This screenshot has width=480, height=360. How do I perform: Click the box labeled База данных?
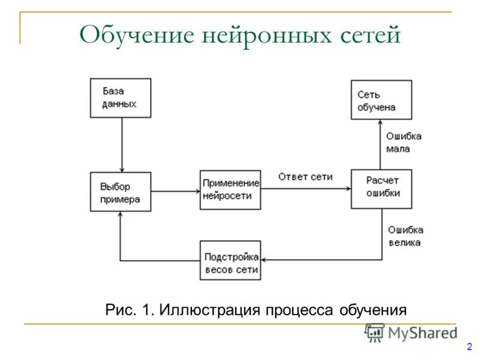click(x=120, y=98)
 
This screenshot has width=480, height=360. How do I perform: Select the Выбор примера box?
click(x=120, y=191)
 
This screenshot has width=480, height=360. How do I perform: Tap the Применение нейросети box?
click(x=230, y=190)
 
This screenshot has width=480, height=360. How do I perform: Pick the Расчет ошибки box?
click(x=381, y=188)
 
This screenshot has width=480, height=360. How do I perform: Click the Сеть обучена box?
click(x=381, y=100)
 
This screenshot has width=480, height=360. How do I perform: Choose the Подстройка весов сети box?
click(x=230, y=260)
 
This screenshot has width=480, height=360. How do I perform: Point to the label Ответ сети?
click(x=305, y=177)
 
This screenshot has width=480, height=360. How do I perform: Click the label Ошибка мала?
click(x=403, y=142)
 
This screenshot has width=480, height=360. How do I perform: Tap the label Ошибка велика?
click(x=405, y=236)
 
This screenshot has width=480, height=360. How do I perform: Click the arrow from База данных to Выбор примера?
click(x=122, y=144)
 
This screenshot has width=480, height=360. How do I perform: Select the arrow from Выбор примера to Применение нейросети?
click(x=175, y=191)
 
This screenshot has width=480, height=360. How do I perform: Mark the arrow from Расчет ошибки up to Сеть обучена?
click(x=380, y=144)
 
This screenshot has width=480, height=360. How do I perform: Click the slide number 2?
click(x=469, y=346)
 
